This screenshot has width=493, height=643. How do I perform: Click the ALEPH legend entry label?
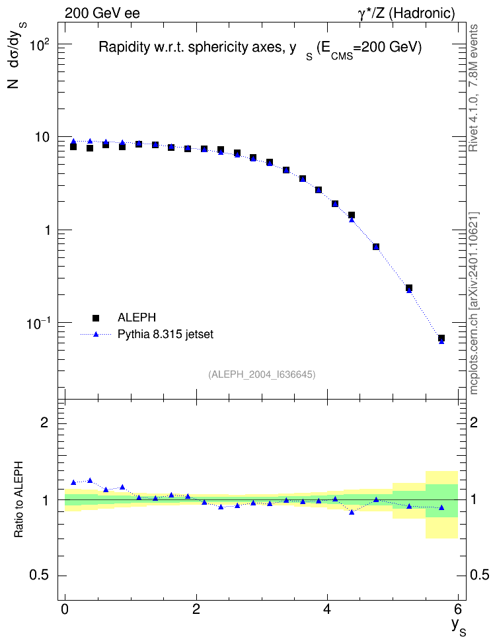tap(136, 318)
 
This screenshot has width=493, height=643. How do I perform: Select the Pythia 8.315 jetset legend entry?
tap(165, 334)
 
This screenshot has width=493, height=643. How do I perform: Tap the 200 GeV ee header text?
tap(102, 13)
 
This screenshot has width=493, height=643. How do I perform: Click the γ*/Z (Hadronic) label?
tap(406, 13)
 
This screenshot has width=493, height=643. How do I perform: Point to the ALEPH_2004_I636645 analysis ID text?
tap(262, 374)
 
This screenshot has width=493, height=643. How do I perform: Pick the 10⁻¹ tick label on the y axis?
tap(40, 323)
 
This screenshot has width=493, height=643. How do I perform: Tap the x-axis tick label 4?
tap(327, 609)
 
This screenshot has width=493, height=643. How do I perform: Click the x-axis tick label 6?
tap(458, 609)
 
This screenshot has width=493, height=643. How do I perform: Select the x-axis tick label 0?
tap(65, 609)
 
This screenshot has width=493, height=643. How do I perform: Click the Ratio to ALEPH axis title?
tap(19, 499)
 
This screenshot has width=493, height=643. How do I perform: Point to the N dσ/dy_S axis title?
tap(16, 56)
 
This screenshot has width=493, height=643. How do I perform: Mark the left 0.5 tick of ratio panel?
tap(39, 576)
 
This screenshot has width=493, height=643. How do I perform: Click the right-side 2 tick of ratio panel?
tap(474, 422)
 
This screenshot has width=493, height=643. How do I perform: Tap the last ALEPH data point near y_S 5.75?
tap(441, 338)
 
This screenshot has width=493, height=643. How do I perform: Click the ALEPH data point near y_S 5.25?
tap(408, 288)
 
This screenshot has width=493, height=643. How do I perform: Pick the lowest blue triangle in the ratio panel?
tap(351, 512)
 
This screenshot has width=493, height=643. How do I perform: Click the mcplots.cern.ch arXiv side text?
tap(474, 304)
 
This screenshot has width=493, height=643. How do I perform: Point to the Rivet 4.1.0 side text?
tap(473, 88)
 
